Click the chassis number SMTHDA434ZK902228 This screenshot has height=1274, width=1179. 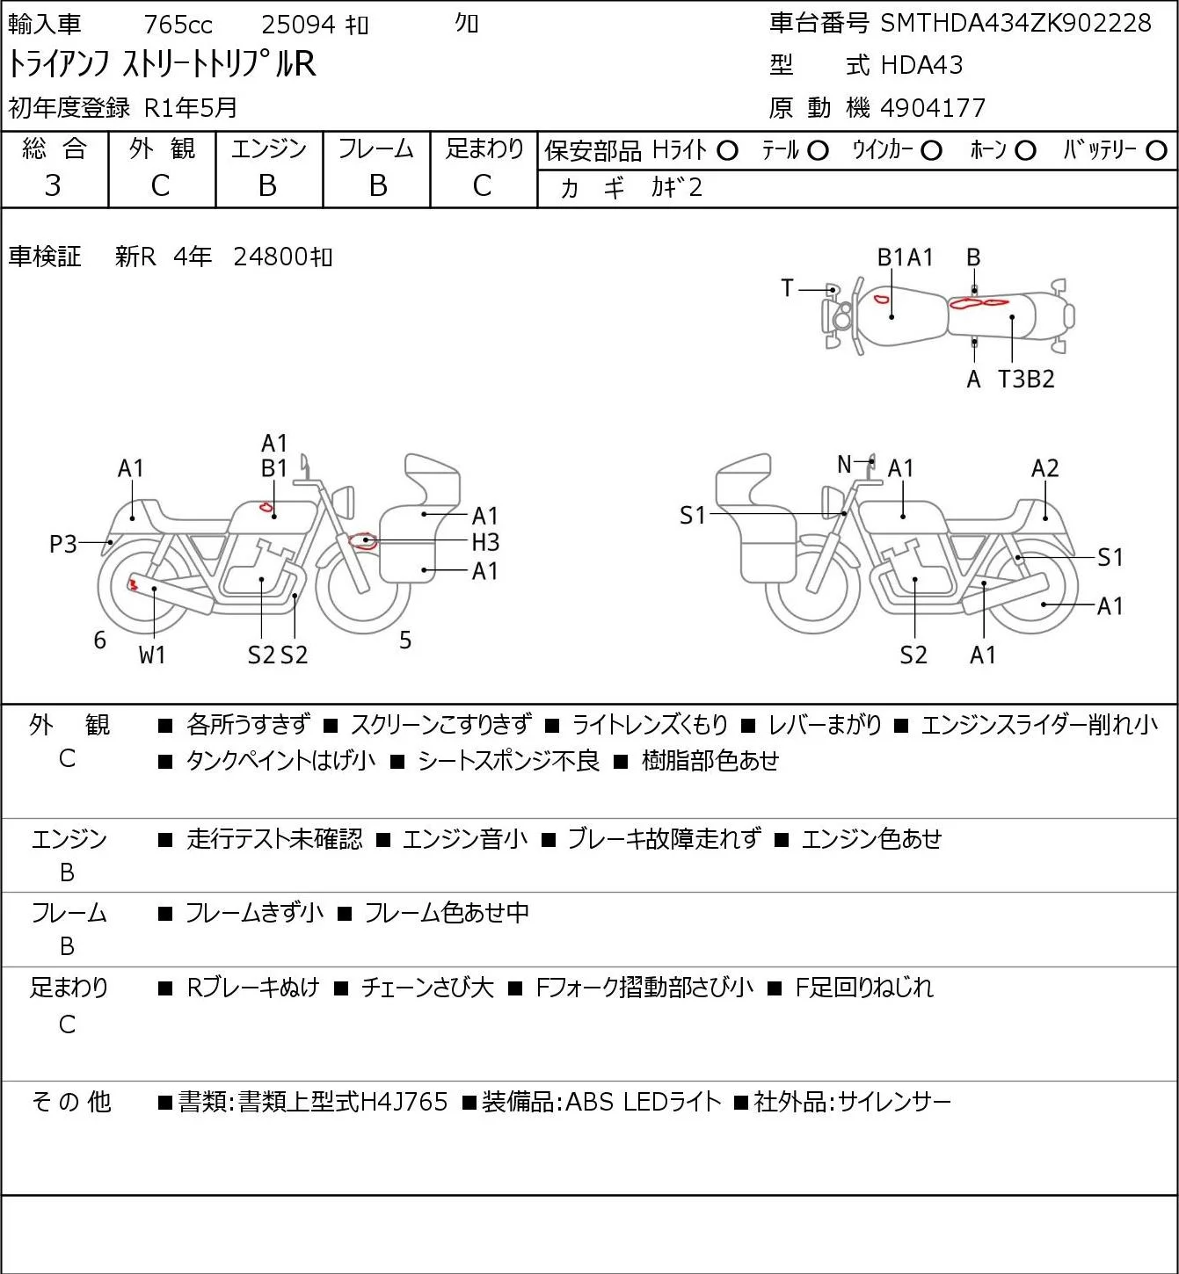1015,24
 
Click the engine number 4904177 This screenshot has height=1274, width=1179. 933,108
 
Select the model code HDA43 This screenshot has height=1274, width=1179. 921,65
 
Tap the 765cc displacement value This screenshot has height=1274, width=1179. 178,25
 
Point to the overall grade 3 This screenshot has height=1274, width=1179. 53,185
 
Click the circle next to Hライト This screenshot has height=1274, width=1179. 727,151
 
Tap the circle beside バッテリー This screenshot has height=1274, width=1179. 1156,151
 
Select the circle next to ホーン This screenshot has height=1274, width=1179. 1025,151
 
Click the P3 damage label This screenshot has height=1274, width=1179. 63,544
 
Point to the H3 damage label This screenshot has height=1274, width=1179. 484,543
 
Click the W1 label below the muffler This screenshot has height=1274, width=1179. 152,655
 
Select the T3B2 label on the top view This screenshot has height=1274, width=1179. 1025,379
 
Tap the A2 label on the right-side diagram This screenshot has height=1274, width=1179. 1044,468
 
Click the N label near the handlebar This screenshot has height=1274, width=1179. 844,464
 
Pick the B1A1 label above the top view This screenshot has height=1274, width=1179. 905,257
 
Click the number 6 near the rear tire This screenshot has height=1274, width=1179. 99,640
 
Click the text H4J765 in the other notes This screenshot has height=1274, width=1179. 404,1102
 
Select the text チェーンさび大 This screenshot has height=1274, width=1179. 427,988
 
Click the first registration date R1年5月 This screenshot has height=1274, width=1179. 191,108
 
